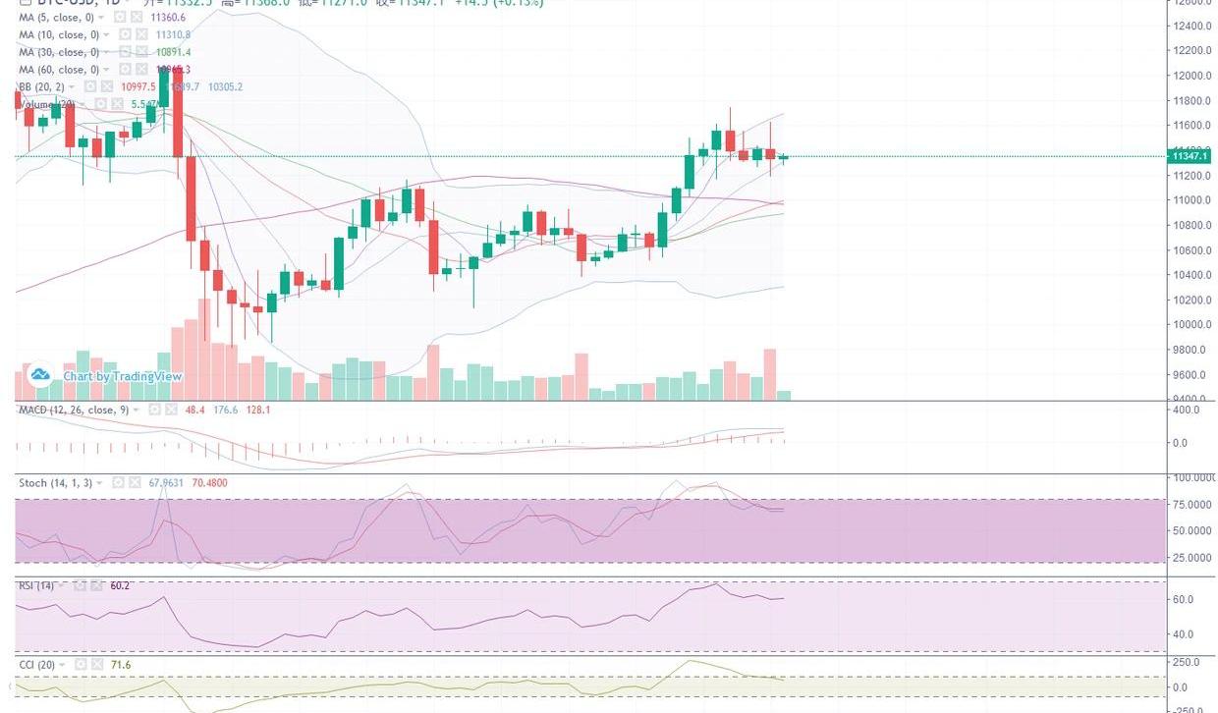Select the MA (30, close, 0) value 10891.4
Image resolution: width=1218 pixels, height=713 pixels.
coord(173,52)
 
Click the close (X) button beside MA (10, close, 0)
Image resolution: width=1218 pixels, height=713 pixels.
coord(141,34)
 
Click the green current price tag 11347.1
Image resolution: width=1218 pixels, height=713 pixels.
coord(1190,156)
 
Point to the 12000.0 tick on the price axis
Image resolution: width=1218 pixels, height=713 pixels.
coord(1190,76)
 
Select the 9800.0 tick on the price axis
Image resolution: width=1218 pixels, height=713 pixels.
coord(1190,350)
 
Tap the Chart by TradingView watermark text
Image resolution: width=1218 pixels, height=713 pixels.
coord(123,376)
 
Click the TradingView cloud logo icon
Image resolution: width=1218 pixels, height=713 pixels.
coord(40,374)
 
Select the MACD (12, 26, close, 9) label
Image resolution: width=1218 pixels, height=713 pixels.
coord(74,410)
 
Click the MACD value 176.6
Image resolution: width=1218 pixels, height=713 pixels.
coord(226,410)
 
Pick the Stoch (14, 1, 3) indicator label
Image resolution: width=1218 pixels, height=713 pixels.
coord(56,483)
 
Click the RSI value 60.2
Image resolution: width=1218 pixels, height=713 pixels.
coord(120,585)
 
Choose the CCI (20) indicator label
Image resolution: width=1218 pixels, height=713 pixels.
coord(39,665)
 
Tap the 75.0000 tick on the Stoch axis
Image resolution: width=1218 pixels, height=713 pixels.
coord(1193,504)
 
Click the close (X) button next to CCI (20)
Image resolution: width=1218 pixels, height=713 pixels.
coord(97,665)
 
